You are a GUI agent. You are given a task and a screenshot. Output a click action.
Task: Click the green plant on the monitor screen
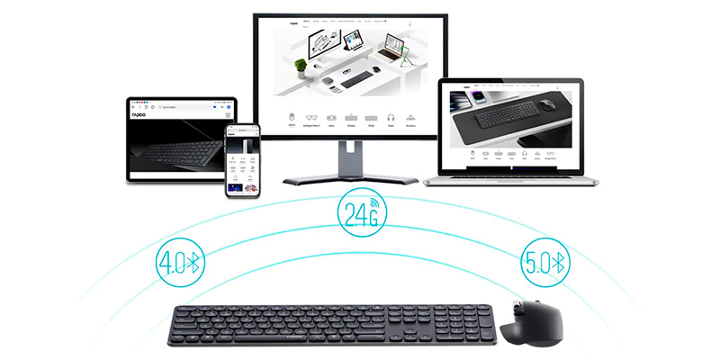coord(301,66)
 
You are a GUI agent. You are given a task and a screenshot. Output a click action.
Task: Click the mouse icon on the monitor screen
coord(291,118)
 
